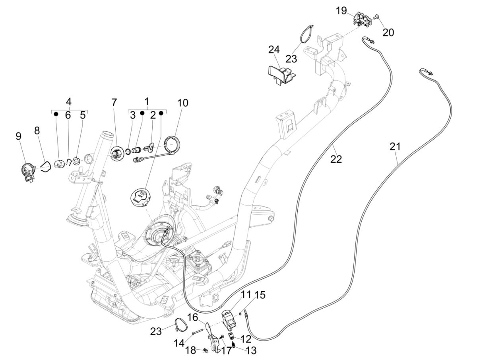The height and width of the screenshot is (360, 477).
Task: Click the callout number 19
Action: (x=341, y=11)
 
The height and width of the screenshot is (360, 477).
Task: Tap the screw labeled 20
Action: (x=376, y=17)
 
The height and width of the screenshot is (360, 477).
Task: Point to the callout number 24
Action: (x=285, y=50)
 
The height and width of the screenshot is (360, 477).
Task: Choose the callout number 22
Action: (x=336, y=159)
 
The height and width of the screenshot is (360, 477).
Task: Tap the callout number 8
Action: (x=37, y=130)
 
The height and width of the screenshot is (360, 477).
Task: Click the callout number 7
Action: (x=114, y=102)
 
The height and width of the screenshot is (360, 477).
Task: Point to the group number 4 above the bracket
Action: (x=69, y=101)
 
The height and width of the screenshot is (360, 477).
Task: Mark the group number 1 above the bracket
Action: (x=147, y=101)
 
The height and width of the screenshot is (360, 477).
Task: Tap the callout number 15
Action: (x=260, y=295)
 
